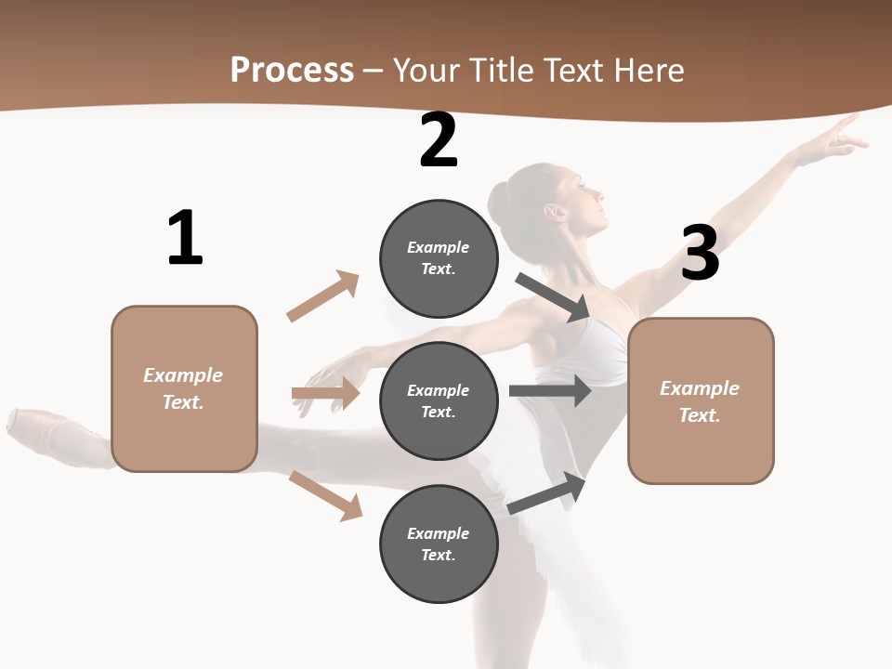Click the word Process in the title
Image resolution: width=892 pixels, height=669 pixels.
pos(292,71)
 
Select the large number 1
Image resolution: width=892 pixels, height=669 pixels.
pos(185,239)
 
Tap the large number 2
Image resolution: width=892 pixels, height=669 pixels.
pos(439,140)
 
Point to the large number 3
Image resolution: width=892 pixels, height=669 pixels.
pos(700,253)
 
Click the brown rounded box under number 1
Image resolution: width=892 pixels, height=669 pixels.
pos(184,388)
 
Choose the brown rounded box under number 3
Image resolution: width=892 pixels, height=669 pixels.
pos(701,401)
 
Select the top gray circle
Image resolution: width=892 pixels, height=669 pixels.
pos(439,258)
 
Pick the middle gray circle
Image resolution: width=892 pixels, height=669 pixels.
pos(439,401)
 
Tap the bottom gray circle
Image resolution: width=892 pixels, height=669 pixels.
pos(439,544)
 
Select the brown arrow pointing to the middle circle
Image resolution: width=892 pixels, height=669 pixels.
pos(325,394)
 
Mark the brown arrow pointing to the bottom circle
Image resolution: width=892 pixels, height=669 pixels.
pos(326,495)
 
